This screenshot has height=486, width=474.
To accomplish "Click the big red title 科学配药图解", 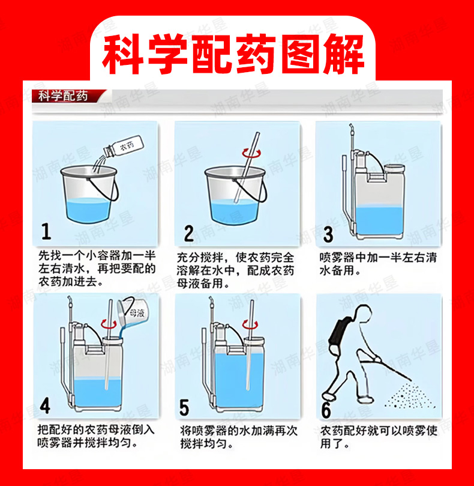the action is [x=233, y=55].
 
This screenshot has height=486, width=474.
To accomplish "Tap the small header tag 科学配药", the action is [x=63, y=96].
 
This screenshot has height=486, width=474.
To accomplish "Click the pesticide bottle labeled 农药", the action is [x=124, y=145].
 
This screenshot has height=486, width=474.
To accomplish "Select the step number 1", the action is [x=46, y=231].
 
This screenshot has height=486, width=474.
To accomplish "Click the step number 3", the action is [x=328, y=235].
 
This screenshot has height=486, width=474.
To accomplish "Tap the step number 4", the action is [x=45, y=406].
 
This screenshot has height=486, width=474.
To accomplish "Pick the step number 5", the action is [x=184, y=407].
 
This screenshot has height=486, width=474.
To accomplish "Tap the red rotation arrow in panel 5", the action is [x=250, y=324].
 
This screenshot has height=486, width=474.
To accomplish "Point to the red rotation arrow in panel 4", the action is [x=108, y=324].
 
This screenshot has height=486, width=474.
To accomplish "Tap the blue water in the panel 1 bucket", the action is [x=88, y=210].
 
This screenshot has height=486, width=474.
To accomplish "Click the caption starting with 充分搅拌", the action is [x=235, y=270].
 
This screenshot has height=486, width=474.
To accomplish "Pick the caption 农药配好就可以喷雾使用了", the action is [x=379, y=437].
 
